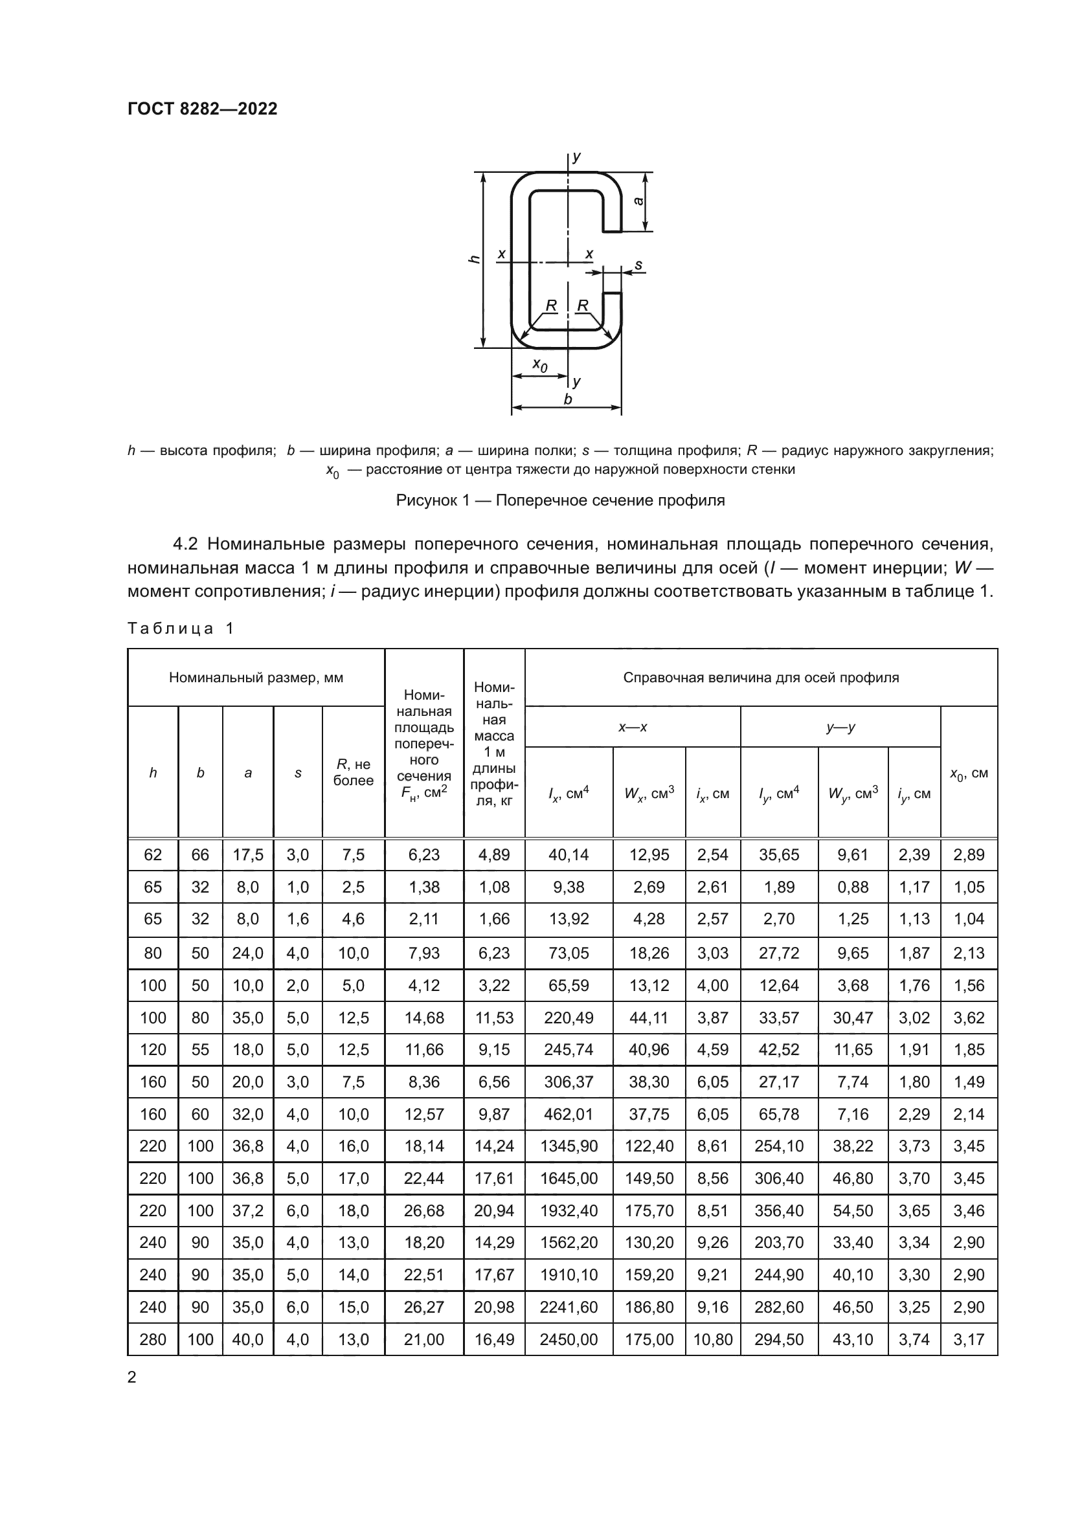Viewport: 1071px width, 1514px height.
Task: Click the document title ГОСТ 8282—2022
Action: [202, 109]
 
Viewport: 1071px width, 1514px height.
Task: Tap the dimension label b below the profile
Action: [568, 399]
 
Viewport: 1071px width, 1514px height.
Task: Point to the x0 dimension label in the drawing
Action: [539, 364]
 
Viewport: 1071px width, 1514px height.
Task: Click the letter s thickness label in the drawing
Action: [638, 265]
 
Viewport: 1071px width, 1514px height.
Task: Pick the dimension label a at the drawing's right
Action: [638, 201]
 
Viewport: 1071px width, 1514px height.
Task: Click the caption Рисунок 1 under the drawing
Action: [560, 500]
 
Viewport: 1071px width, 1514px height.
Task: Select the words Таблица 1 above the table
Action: [181, 628]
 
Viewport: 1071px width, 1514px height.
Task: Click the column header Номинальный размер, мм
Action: [256, 677]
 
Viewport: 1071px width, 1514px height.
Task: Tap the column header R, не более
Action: [353, 772]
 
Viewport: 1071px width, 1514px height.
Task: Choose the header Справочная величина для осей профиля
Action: [760, 677]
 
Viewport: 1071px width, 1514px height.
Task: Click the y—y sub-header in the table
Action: [840, 728]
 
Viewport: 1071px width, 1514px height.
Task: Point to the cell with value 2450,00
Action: [569, 1340]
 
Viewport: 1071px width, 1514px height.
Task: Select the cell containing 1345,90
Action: [569, 1146]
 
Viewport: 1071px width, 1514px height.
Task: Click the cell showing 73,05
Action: [569, 953]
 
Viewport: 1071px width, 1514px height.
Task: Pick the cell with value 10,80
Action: [712, 1340]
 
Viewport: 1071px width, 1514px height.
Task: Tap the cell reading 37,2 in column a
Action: [247, 1210]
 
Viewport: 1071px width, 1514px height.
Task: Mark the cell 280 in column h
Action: [152, 1340]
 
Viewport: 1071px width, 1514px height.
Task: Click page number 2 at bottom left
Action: [132, 1377]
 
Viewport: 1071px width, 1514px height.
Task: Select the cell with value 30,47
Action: [853, 1018]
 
